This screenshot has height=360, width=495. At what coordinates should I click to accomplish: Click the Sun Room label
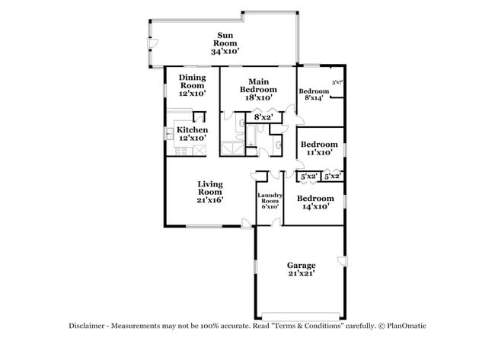(x=225, y=36)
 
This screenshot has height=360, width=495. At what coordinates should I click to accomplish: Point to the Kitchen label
(x=192, y=130)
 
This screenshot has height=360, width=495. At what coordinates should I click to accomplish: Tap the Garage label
(x=301, y=265)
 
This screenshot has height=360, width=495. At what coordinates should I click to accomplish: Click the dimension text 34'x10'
(x=225, y=51)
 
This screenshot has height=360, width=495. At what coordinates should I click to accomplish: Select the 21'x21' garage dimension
(x=301, y=272)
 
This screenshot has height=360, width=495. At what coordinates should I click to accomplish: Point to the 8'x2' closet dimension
(x=263, y=117)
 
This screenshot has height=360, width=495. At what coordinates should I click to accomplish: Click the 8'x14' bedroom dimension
(x=313, y=97)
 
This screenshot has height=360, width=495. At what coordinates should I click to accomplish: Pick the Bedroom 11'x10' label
(x=318, y=145)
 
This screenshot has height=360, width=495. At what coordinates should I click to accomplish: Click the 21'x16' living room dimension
(x=209, y=200)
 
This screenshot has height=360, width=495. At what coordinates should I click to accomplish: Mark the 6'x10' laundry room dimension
(x=270, y=206)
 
